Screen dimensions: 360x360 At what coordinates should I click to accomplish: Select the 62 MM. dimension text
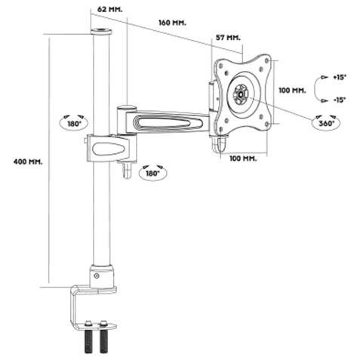pyautogui.click(x=109, y=10)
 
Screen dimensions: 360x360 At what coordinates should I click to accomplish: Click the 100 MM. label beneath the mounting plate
pyautogui.click(x=243, y=158)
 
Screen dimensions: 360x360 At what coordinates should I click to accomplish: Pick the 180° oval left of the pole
pyautogui.click(x=73, y=122)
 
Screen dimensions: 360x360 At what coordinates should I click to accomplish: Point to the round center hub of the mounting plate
pyautogui.click(x=241, y=94)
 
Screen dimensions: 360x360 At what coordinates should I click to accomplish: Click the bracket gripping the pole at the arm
pyautogui.click(x=109, y=146)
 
